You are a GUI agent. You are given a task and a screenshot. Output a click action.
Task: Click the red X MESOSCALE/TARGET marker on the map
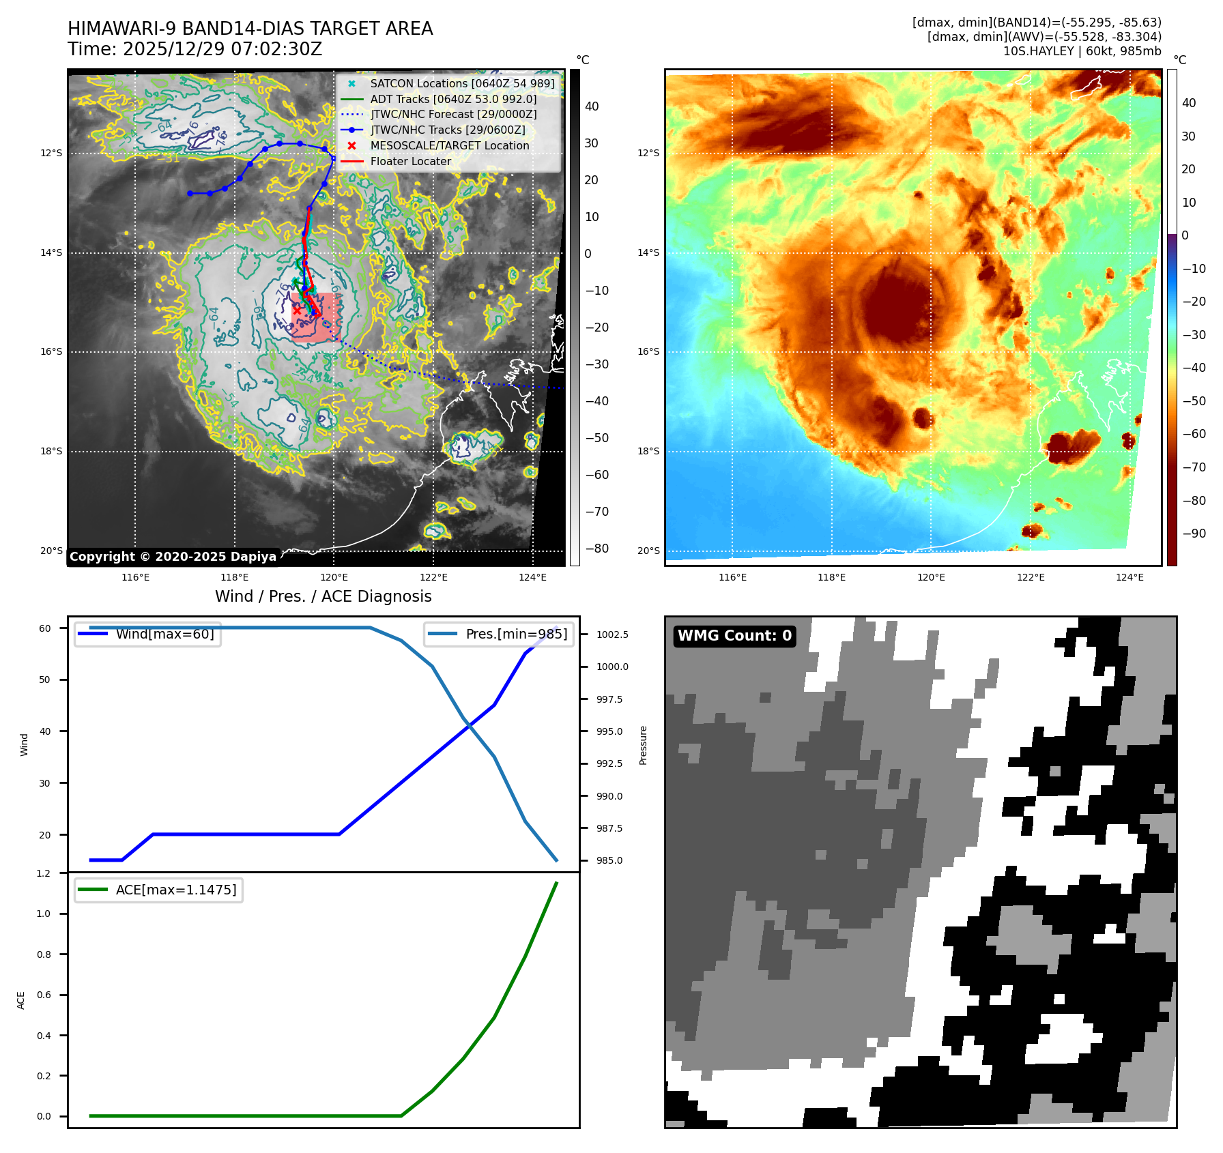click(297, 310)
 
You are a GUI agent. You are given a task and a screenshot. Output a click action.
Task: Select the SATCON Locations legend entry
click(462, 83)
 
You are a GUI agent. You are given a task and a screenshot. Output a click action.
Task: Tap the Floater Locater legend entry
click(410, 161)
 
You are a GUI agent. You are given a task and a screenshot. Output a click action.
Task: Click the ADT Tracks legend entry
click(453, 99)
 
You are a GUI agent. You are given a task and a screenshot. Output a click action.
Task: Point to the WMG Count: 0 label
click(734, 636)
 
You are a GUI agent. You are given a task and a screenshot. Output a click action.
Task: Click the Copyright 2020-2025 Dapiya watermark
click(173, 557)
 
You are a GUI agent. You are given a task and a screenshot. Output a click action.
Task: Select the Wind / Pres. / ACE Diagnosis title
click(323, 596)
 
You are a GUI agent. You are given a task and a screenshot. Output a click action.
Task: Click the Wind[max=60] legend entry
click(164, 634)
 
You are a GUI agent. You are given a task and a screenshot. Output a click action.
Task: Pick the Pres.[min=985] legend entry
click(516, 634)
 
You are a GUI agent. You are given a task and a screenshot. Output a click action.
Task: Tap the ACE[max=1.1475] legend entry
click(175, 890)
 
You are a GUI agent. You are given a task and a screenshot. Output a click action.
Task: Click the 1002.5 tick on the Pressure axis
click(612, 634)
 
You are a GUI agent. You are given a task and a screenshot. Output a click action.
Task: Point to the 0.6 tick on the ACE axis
click(44, 995)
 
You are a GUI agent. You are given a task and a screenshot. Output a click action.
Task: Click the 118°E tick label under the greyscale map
click(235, 577)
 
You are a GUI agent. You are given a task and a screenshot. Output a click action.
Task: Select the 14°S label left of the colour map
click(648, 252)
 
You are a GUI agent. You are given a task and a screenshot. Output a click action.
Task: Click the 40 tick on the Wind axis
click(45, 731)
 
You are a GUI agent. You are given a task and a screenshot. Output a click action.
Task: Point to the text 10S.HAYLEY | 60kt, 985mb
click(1082, 51)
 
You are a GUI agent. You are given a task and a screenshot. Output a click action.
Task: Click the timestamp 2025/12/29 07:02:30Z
click(222, 49)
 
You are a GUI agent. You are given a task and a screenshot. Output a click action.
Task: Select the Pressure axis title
click(643, 745)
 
